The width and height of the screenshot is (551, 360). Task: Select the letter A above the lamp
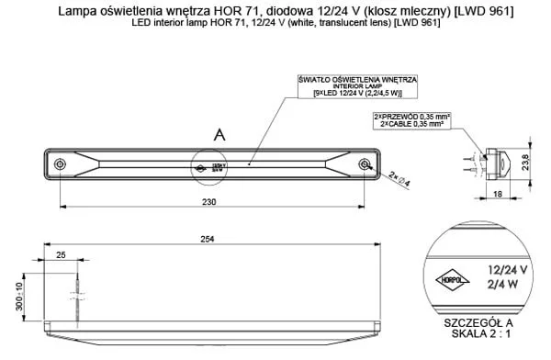[x=219, y=135]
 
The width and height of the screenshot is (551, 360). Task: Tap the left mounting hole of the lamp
[x=61, y=164]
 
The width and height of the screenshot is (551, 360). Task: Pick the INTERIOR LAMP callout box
[x=365, y=85]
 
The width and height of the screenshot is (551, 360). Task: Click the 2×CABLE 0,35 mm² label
[x=411, y=123]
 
